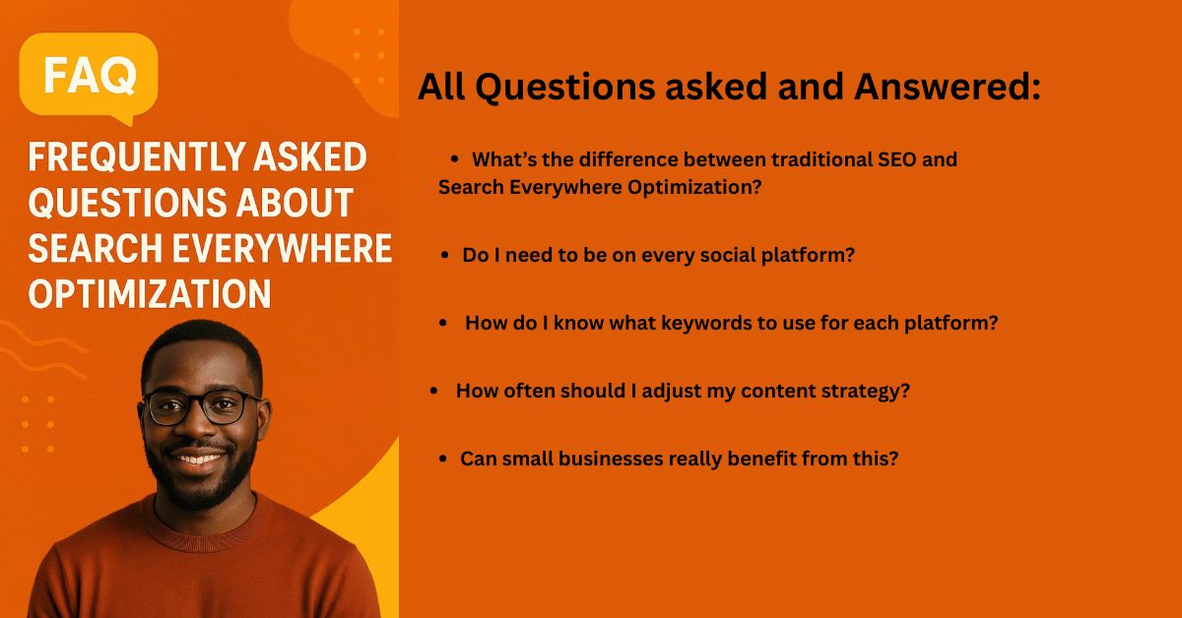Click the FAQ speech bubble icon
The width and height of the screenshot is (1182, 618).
[89, 77]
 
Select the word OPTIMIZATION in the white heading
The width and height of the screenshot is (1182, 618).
[150, 294]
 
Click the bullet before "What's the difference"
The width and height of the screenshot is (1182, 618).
[455, 158]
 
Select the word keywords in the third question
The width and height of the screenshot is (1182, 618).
[711, 323]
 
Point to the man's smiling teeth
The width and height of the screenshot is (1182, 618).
[198, 459]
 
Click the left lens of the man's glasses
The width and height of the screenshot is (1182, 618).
[168, 406]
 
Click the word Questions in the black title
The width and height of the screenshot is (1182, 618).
[564, 88]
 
